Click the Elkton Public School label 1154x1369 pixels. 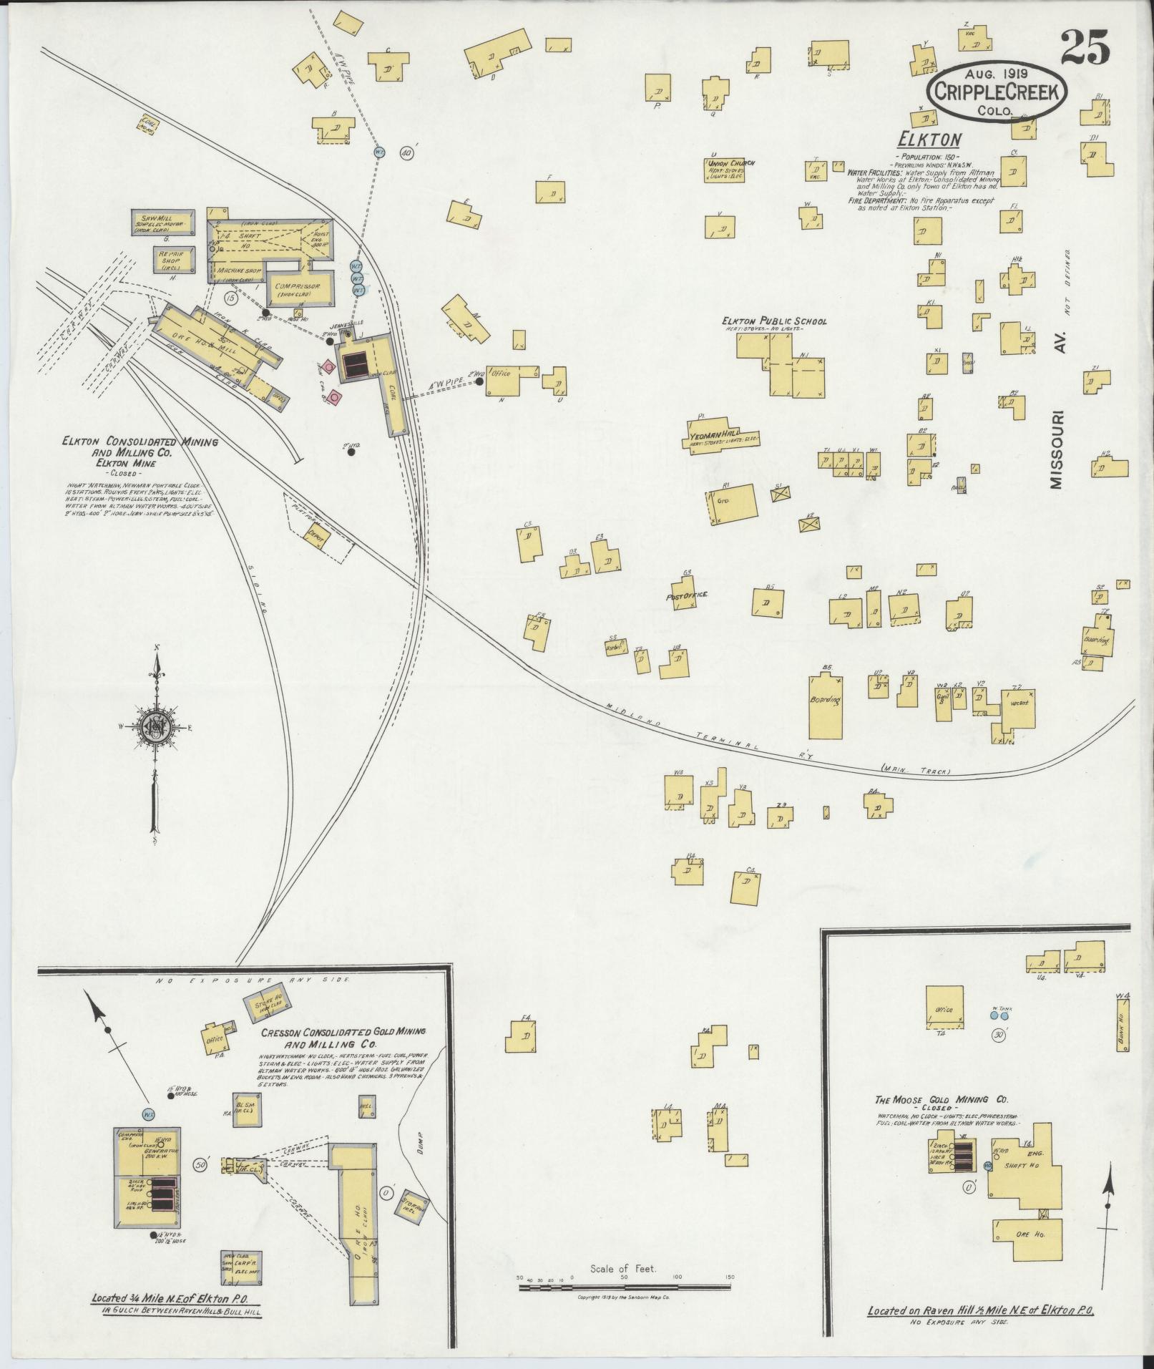(773, 321)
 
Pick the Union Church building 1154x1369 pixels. (724, 169)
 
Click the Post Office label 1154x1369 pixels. (685, 595)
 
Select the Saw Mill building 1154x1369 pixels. (163, 222)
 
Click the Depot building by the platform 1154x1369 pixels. (313, 534)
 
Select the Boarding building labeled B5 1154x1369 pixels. (826, 706)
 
